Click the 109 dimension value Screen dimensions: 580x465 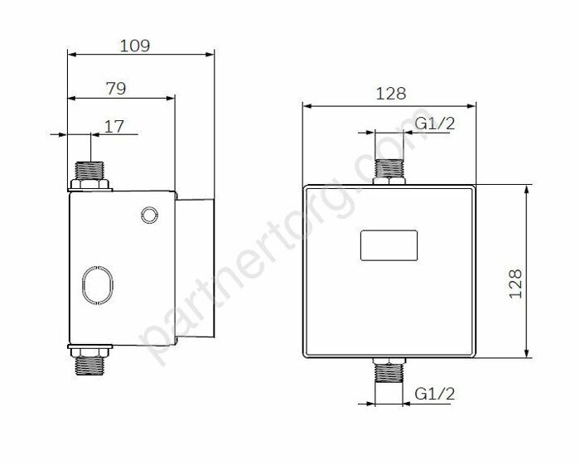click(x=135, y=46)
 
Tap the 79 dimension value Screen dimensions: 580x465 click(x=116, y=89)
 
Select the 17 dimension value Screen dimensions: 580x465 click(x=114, y=127)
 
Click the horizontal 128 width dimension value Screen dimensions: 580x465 click(x=390, y=94)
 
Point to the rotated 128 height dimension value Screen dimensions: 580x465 click(x=515, y=283)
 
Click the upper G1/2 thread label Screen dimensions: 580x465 click(x=435, y=124)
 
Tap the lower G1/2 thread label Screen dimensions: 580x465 click(x=435, y=394)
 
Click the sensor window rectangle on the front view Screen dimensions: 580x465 click(x=389, y=245)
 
